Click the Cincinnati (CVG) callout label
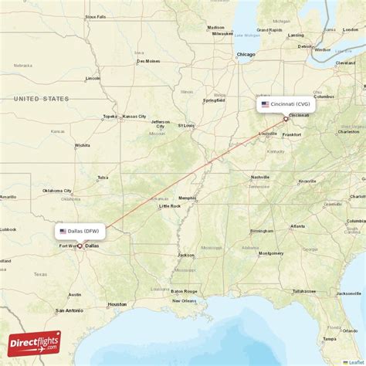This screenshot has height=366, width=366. (x=286, y=104)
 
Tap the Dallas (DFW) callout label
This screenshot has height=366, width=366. (x=80, y=231)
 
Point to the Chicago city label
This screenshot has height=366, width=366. (x=246, y=54)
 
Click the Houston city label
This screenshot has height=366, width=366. (x=117, y=304)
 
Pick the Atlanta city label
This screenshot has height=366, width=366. (x=297, y=227)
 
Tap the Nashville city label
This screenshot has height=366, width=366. (x=260, y=177)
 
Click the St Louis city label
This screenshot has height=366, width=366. (x=187, y=124)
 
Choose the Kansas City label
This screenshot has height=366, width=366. (x=132, y=117)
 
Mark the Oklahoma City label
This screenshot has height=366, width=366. (x=56, y=190)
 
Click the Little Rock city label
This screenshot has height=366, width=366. (x=170, y=206)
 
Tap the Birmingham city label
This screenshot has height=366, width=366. (x=262, y=230)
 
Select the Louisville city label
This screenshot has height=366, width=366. (x=268, y=133)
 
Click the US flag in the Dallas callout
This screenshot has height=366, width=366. (x=63, y=231)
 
